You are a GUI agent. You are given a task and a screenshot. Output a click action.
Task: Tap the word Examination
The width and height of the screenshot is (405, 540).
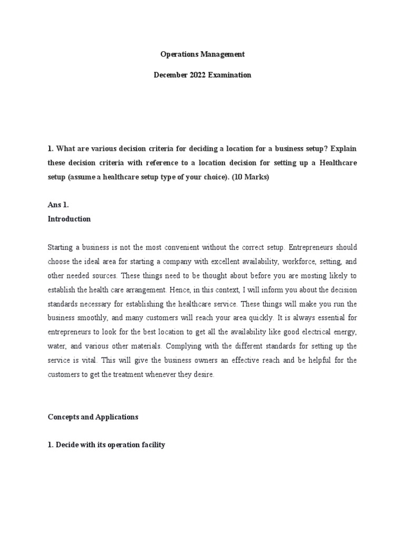[229, 75]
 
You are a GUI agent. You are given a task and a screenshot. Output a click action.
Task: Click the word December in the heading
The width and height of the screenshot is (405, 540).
[169, 75]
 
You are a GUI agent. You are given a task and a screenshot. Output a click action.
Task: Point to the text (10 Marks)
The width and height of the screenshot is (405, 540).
[252, 178]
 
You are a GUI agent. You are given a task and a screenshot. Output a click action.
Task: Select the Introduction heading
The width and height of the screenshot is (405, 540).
[69, 219]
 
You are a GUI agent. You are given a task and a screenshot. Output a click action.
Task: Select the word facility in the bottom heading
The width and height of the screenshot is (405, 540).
[151, 445]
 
